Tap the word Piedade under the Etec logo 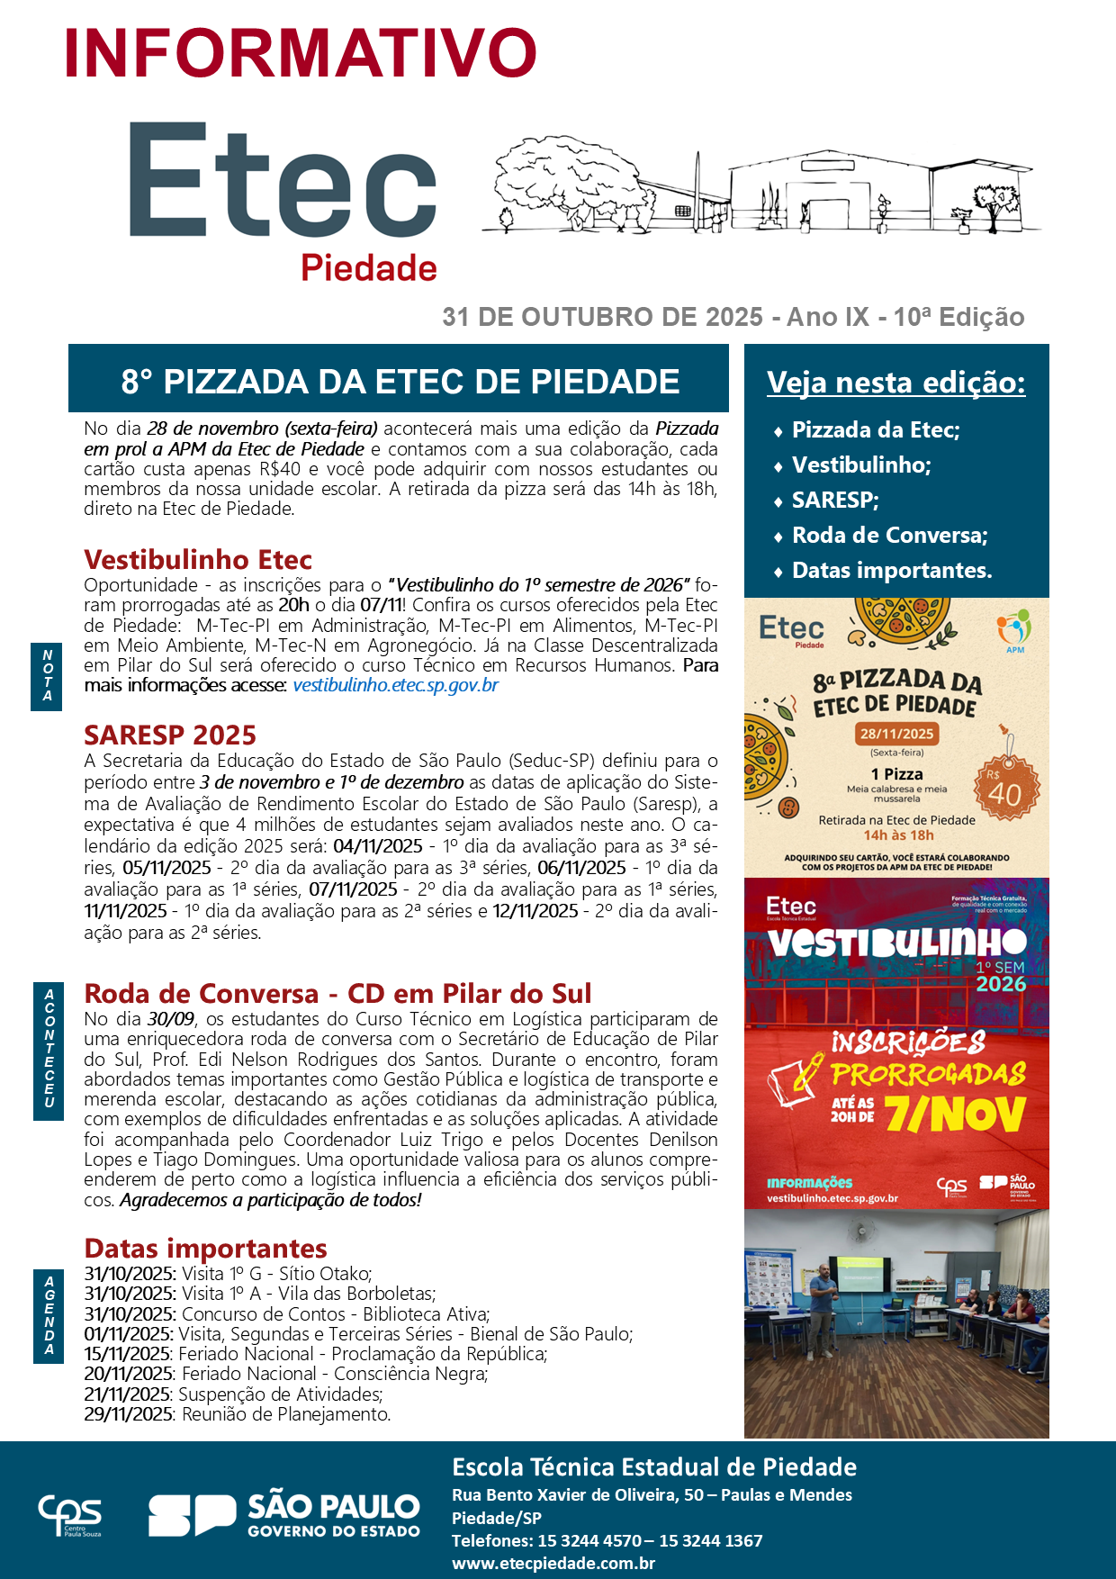368,268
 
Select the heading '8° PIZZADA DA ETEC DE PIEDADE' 400,382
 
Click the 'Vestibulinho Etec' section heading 198,560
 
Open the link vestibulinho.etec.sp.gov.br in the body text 395,685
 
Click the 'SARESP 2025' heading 170,735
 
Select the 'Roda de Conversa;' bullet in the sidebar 889,536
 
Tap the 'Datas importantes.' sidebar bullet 891,571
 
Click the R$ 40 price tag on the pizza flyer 1006,789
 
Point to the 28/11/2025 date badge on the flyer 896,733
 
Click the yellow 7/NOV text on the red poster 955,1114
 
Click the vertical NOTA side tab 48,676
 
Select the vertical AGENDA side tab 49,1315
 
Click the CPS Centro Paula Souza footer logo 69,1515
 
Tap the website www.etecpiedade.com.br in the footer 553,1564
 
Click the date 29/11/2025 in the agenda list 128,1414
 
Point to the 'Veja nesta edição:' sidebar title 895,383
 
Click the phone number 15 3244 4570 589,1540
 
